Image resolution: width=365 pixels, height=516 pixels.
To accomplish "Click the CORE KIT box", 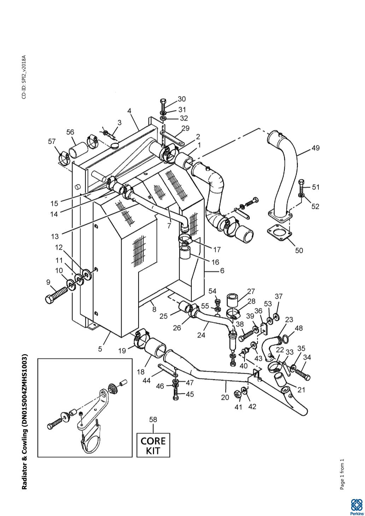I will (x=153, y=445).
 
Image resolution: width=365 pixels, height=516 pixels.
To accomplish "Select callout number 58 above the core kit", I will (x=153, y=420).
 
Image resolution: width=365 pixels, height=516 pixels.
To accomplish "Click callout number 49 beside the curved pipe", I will (x=315, y=148).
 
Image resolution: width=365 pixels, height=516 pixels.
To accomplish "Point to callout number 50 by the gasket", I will (x=299, y=250).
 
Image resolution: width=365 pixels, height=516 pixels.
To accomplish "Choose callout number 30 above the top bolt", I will (x=182, y=99).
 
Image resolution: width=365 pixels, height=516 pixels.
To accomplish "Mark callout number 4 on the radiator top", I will (x=129, y=111).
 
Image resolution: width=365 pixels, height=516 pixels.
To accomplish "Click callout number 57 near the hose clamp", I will (x=52, y=142).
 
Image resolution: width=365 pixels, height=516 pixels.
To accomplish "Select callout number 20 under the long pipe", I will (x=225, y=397).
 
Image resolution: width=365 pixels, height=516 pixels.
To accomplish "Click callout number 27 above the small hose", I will (x=251, y=291).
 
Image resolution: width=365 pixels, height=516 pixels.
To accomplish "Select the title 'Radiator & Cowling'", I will (x=24, y=422).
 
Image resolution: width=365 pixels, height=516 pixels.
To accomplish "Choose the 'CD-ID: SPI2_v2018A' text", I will (x=24, y=77).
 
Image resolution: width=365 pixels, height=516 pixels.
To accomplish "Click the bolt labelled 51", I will (x=301, y=185).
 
